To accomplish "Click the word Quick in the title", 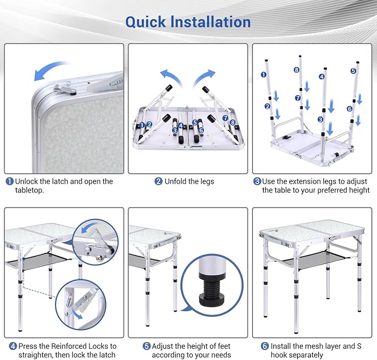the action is (x=145, y=22).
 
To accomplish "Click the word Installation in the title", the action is (x=210, y=22).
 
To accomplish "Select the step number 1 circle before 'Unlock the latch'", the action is (x=9, y=181).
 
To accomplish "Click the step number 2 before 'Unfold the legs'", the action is (x=158, y=181).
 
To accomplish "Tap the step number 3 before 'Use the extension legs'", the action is (x=257, y=181).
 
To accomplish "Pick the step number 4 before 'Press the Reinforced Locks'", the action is (x=13, y=346).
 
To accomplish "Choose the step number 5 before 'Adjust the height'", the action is (x=147, y=346).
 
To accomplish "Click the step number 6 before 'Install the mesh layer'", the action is (x=265, y=346).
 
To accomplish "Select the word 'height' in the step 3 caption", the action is (x=357, y=190).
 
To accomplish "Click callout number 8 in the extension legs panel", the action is (x=296, y=70).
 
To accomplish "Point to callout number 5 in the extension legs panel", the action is (x=353, y=71).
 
